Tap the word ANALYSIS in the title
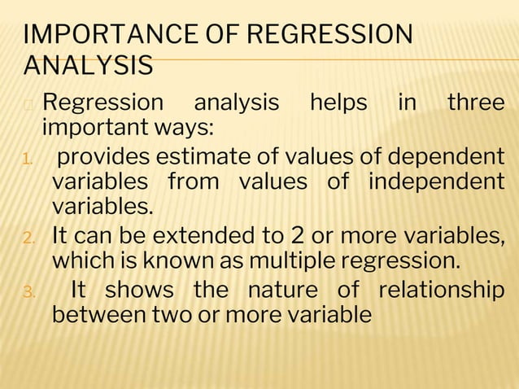(89, 66)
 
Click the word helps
(338, 104)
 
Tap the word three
(475, 104)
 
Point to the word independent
(436, 181)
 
